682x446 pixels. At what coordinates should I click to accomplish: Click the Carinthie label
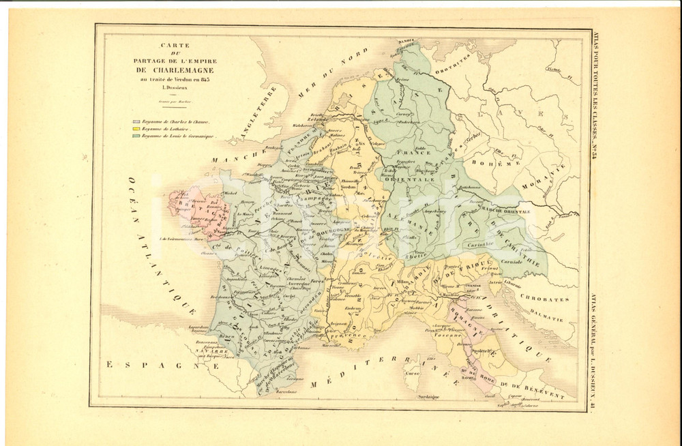click(x=480, y=243)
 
